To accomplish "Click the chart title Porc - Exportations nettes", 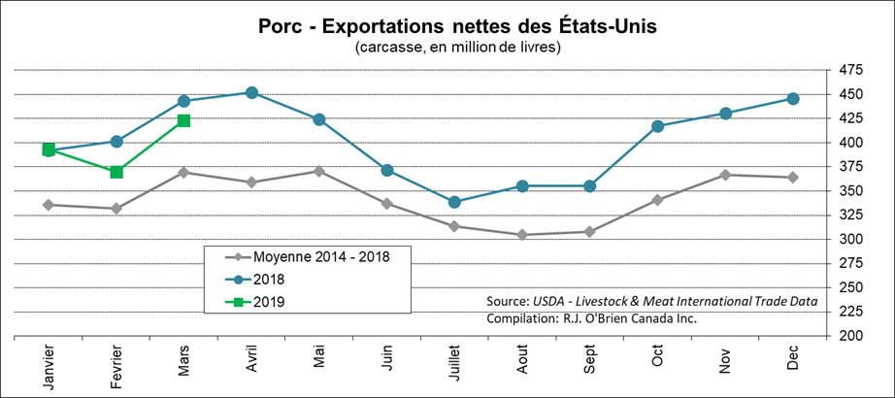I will (446, 24).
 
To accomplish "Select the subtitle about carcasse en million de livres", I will (446, 48).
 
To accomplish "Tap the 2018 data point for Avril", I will (251, 93).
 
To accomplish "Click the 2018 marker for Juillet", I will (454, 202).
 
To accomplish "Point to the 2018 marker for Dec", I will (793, 99).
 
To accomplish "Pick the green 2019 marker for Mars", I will (183, 120).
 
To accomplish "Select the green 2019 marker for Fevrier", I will (116, 172).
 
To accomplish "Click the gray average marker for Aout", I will (522, 235).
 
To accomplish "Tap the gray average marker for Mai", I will (319, 171).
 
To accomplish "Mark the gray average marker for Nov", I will (725, 175).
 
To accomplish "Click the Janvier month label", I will (50, 367).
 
